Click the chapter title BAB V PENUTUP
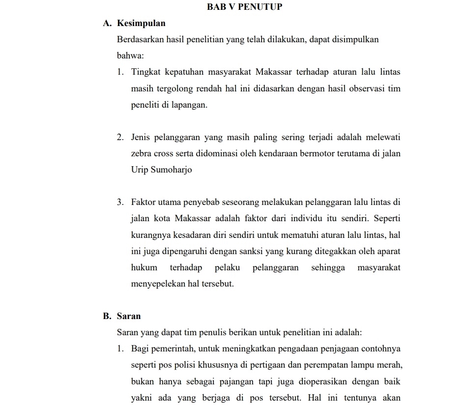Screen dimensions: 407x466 click(x=245, y=7)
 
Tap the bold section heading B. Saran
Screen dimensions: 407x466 click(x=122, y=316)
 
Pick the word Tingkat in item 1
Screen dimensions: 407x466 click(x=144, y=72)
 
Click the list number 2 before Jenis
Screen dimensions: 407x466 click(x=120, y=137)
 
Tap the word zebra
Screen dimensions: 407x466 click(x=141, y=153)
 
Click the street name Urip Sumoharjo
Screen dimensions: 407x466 click(x=162, y=170)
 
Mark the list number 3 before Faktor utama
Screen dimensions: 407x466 click(x=120, y=202)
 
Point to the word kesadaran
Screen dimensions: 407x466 click(x=196, y=234)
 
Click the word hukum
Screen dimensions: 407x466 click(x=145, y=267)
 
